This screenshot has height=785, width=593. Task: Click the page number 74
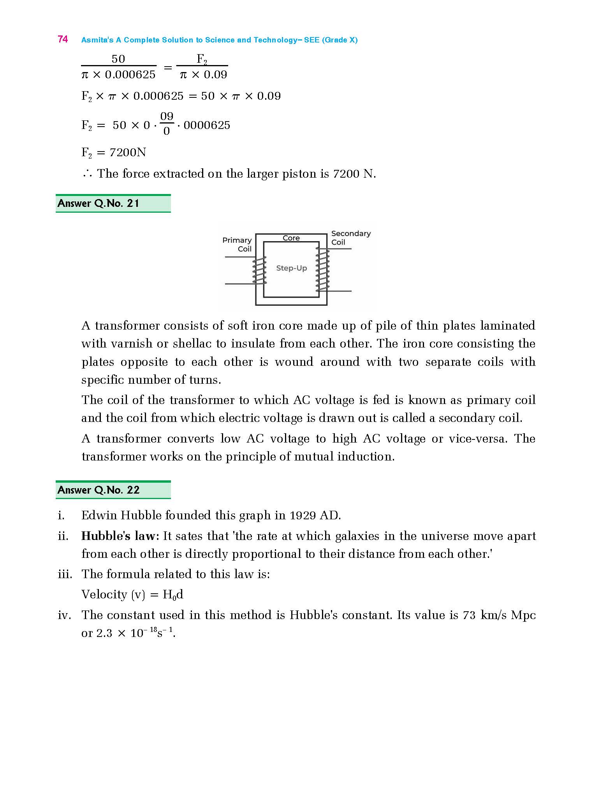click(63, 39)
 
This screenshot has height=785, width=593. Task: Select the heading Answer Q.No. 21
click(98, 203)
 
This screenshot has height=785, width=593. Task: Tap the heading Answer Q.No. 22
click(98, 490)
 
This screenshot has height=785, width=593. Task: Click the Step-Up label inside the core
click(291, 268)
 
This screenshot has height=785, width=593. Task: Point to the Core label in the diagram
click(291, 238)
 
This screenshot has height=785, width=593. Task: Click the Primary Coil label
click(237, 245)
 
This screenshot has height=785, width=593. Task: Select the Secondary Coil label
click(350, 238)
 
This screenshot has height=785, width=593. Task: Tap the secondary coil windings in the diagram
click(323, 270)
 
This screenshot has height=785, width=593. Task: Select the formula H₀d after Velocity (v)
click(173, 594)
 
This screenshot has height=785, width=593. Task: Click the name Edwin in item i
click(99, 515)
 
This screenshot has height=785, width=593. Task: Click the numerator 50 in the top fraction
click(118, 59)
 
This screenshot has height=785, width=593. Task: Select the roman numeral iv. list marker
click(64, 615)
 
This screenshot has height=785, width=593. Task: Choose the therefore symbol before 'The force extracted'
click(87, 174)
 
